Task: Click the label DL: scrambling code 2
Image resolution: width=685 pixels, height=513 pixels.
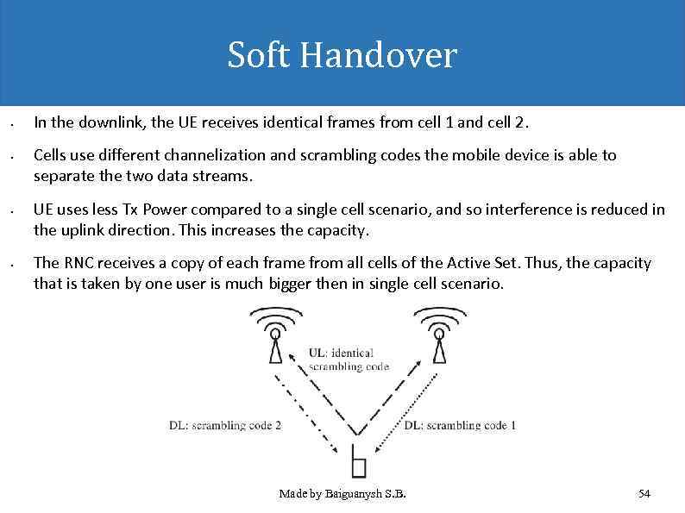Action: tap(224, 425)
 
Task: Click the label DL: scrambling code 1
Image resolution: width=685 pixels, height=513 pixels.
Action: tap(460, 425)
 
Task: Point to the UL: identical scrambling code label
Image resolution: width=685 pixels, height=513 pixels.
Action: tap(348, 359)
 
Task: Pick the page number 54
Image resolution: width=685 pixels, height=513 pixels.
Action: tap(644, 494)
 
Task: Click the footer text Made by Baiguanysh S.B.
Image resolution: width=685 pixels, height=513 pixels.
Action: tap(342, 494)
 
